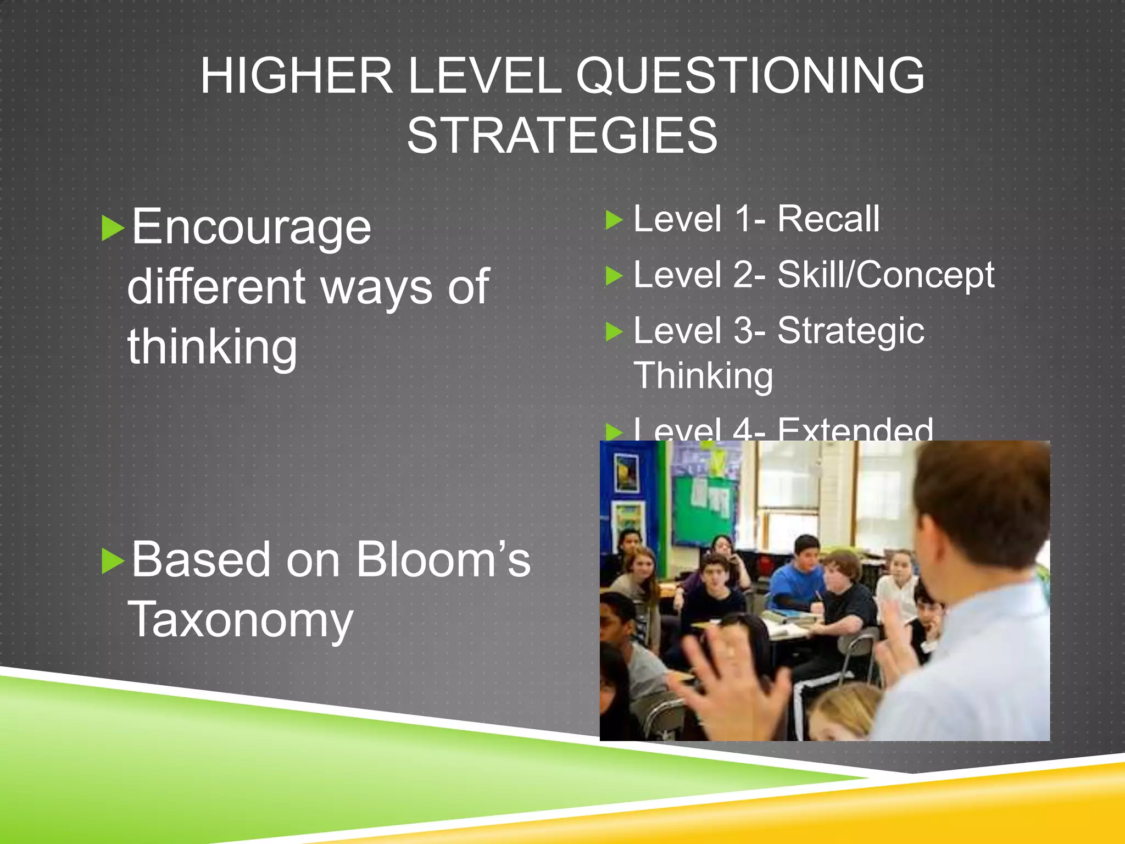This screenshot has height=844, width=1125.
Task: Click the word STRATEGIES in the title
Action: click(x=562, y=136)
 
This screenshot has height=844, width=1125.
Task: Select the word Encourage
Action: click(x=251, y=227)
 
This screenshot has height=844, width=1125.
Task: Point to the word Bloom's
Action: click(x=443, y=560)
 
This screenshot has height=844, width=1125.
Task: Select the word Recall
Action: click(x=828, y=219)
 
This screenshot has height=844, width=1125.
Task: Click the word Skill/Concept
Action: click(x=885, y=275)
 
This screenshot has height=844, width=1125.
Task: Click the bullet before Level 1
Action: click(x=614, y=220)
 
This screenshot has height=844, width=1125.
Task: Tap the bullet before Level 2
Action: click(x=614, y=276)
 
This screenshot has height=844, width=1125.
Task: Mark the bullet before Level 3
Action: click(x=614, y=332)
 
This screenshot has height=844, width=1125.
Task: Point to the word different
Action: click(x=216, y=287)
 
